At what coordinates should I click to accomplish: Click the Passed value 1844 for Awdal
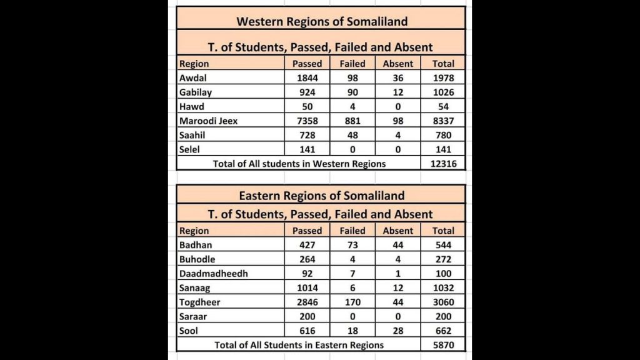[x=307, y=78]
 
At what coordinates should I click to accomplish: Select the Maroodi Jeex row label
[x=208, y=121]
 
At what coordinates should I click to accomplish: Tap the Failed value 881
[x=352, y=121]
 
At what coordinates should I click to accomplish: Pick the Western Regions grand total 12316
[x=444, y=164]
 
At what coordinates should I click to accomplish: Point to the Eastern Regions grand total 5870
[x=444, y=344]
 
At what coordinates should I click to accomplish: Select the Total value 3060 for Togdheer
[x=444, y=302]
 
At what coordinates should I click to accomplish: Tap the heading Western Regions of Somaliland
[x=321, y=21]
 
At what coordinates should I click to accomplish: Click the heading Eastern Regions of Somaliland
[x=321, y=196]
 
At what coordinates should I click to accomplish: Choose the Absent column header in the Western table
[x=398, y=63]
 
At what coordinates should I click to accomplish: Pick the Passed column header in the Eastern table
[x=307, y=231]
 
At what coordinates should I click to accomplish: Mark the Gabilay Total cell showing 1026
[x=444, y=92]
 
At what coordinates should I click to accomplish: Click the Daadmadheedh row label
[x=213, y=274]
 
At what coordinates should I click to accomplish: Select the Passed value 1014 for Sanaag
[x=307, y=288]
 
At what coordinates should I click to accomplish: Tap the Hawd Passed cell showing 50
[x=307, y=107]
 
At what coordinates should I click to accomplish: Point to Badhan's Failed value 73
[x=352, y=245]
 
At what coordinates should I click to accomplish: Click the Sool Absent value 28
[x=398, y=331]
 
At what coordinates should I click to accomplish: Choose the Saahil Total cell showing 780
[x=444, y=136]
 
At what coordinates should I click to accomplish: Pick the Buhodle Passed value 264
[x=307, y=259]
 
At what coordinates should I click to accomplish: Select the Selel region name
[x=191, y=150]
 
